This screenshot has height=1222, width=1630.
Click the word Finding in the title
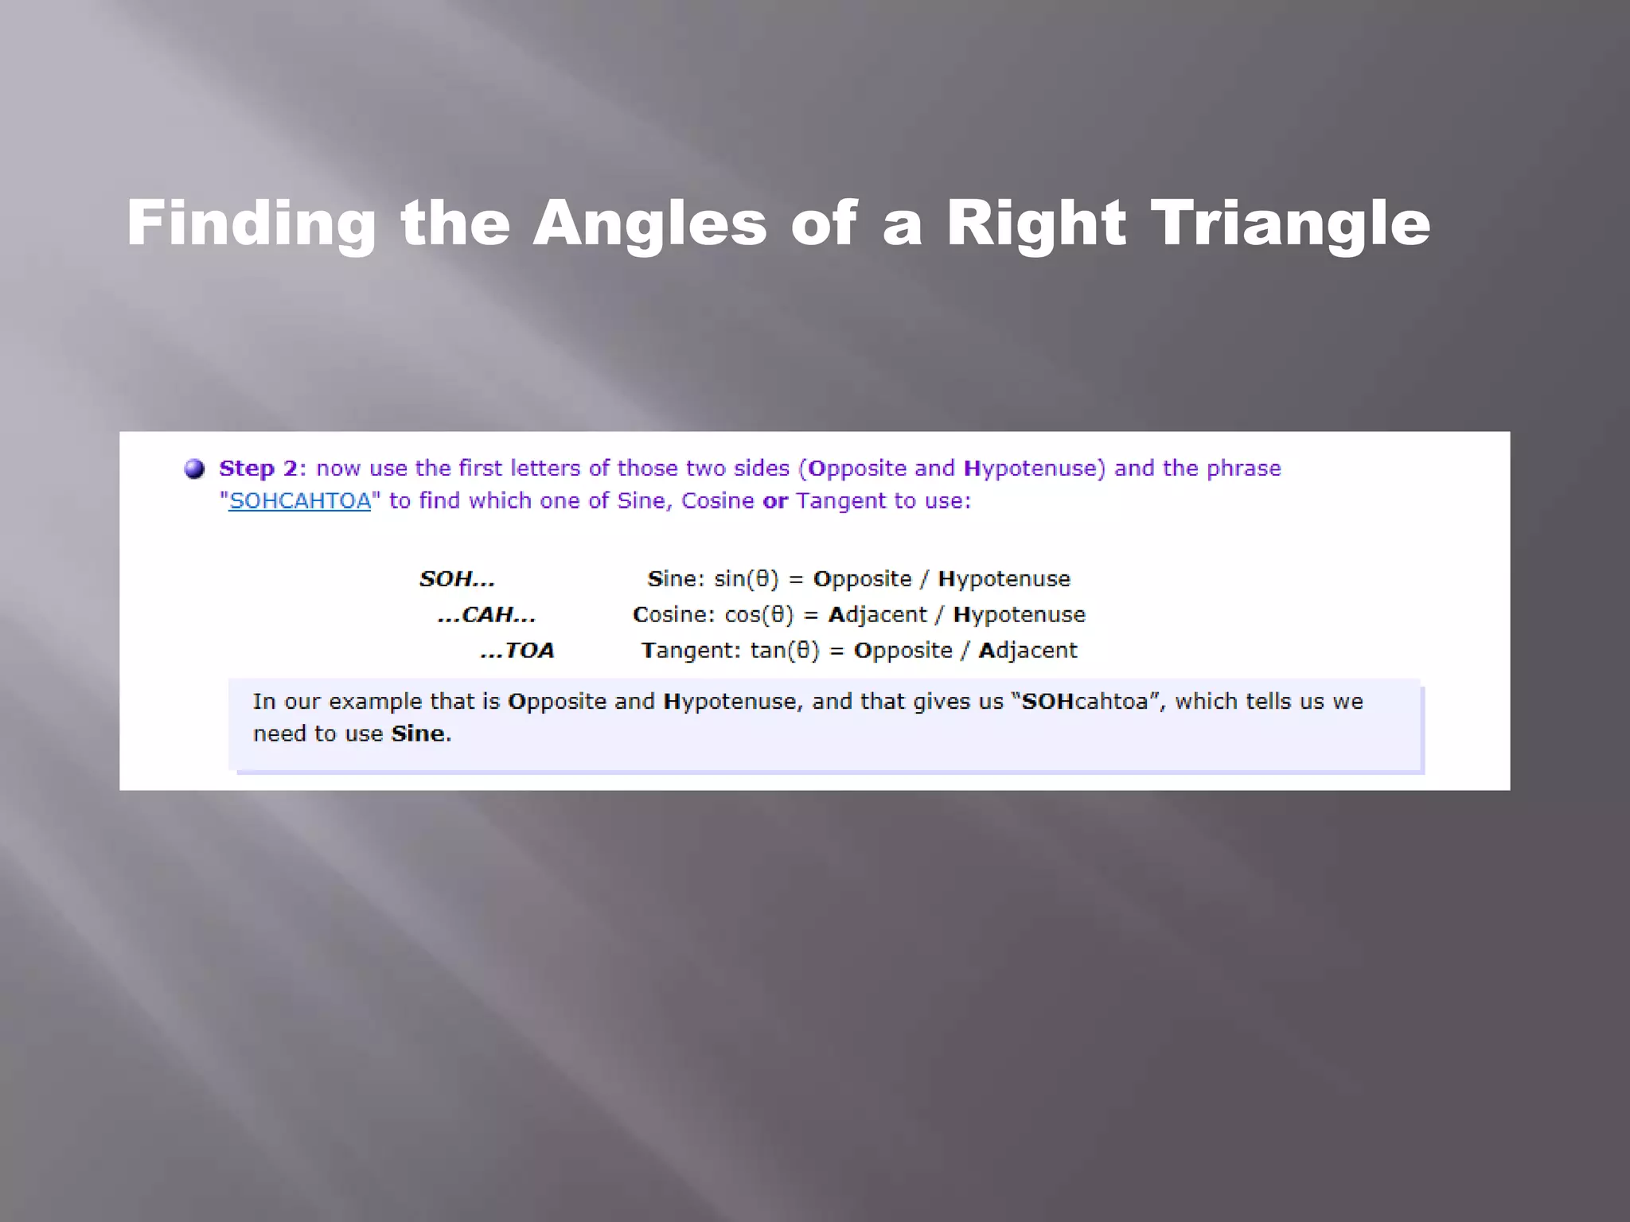point(251,224)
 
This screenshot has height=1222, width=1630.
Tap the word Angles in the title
point(649,224)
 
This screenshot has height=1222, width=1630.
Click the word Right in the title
point(1035,224)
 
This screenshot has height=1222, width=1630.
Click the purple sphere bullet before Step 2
point(194,469)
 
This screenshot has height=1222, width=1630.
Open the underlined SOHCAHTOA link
point(300,501)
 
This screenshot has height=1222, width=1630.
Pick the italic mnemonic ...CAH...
point(487,615)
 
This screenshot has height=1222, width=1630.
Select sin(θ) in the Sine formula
point(746,579)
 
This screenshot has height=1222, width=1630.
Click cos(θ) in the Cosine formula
point(758,615)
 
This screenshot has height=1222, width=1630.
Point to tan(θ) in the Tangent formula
point(784,651)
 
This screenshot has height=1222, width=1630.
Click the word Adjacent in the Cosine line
point(877,615)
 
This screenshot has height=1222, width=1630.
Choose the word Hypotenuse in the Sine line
point(1004,579)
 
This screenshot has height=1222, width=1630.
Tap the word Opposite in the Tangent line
point(903,651)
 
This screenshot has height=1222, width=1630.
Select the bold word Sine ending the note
point(419,734)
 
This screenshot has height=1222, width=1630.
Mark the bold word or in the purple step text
point(774,501)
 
